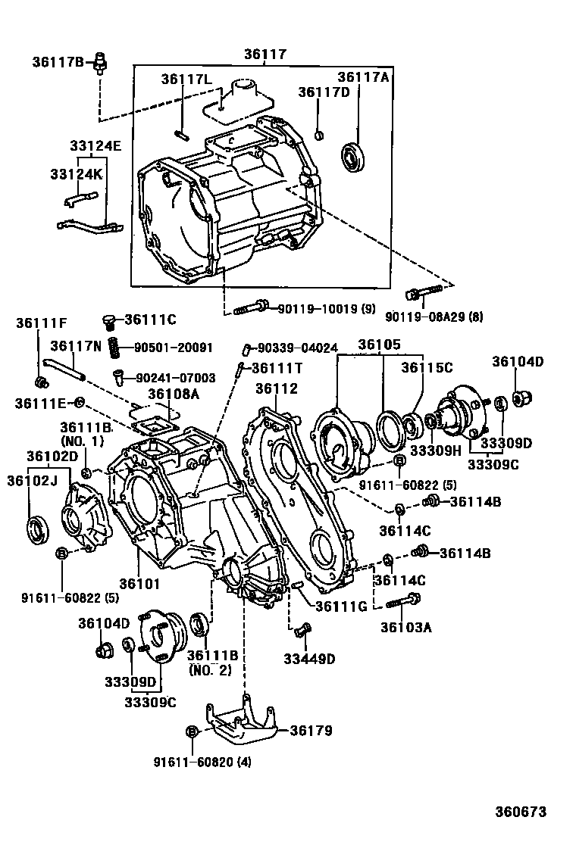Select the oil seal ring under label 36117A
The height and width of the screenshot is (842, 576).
pyautogui.click(x=354, y=157)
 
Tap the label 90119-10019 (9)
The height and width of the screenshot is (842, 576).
pyautogui.click(x=326, y=308)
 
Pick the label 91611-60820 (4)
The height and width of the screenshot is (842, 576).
pyautogui.click(x=202, y=762)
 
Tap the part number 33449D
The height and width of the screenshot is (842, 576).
pyautogui.click(x=309, y=659)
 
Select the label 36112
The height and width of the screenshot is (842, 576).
pyautogui.click(x=276, y=388)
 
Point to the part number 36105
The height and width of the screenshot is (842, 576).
pyautogui.click(x=379, y=345)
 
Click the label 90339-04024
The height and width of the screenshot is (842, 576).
pyautogui.click(x=296, y=348)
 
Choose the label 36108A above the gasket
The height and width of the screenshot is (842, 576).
pyautogui.click(x=174, y=393)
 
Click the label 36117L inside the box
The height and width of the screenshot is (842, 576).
pyautogui.click(x=186, y=80)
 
